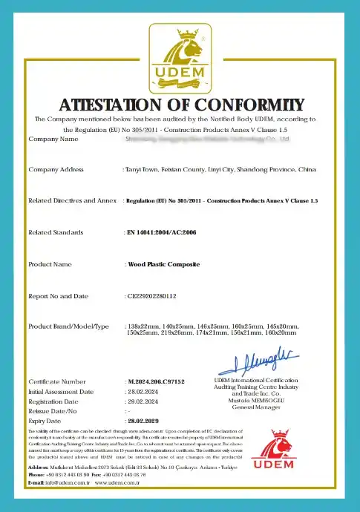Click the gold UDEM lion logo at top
pos(180,55)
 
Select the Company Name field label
pos(53,139)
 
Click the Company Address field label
pos(56,170)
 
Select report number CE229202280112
pos(152,295)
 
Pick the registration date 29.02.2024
pos(143,401)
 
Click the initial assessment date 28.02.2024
pos(143,391)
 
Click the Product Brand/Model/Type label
pos(68,326)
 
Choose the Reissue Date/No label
pos(53,410)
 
